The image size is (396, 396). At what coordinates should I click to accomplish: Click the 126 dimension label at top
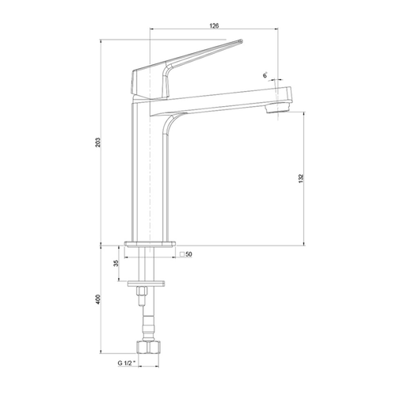click(x=214, y=25)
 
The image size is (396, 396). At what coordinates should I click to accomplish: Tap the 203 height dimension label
click(x=98, y=143)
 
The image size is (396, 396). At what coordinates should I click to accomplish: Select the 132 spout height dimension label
click(x=301, y=179)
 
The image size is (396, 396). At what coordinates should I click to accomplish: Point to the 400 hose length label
click(x=98, y=299)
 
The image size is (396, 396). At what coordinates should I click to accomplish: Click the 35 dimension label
click(x=116, y=263)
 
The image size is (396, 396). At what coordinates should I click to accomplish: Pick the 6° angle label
click(x=265, y=75)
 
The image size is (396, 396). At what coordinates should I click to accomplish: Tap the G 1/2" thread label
click(x=127, y=364)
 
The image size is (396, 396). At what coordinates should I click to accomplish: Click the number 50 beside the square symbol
click(x=189, y=254)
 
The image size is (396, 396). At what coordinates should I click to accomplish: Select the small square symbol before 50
click(x=182, y=254)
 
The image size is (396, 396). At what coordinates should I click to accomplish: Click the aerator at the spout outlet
click(x=278, y=108)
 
